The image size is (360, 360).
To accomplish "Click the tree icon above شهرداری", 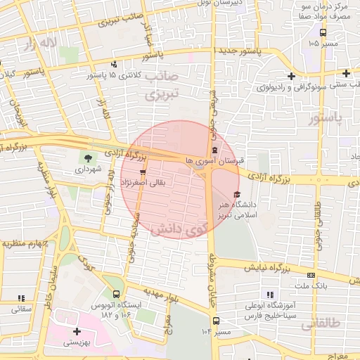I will click(x=88, y=157).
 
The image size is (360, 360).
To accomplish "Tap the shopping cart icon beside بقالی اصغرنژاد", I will click(x=143, y=172).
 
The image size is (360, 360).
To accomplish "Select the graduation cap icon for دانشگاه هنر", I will click(x=236, y=194).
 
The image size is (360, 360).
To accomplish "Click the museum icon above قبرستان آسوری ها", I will click(x=214, y=150).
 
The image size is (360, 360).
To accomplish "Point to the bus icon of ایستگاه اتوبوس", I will click(x=116, y=295).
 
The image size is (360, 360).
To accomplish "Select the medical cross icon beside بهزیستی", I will click(x=77, y=330).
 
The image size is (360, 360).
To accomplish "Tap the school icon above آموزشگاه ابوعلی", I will click(x=268, y=295).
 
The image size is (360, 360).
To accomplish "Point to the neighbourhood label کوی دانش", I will click(x=180, y=229).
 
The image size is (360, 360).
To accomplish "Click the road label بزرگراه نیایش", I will click(x=276, y=268).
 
